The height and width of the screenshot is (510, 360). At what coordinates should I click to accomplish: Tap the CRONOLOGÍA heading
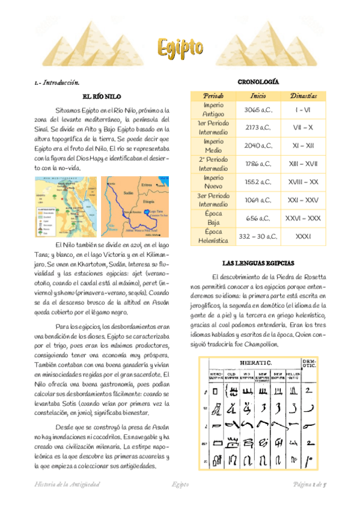click(258, 81)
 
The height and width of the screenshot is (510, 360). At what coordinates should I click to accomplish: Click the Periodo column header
click(213, 96)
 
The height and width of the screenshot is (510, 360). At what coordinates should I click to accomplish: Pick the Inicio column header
click(258, 96)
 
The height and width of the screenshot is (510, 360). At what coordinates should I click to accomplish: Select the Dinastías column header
click(304, 96)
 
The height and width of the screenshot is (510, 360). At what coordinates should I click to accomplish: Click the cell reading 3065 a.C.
click(258, 111)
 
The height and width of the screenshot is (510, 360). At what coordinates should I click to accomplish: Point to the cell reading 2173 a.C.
click(258, 128)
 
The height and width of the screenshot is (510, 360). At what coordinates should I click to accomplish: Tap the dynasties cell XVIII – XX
click(304, 181)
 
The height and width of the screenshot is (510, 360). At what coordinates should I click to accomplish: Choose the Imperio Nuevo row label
click(213, 181)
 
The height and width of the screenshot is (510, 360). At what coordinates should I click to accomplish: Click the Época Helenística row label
click(213, 236)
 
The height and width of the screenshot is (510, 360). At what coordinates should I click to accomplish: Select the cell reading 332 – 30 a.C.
click(258, 236)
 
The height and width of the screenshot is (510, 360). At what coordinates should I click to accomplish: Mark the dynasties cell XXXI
click(304, 236)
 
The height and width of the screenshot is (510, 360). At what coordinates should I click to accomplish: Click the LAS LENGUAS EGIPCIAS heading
click(258, 263)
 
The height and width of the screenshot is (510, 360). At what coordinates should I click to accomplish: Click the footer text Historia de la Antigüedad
click(67, 484)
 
